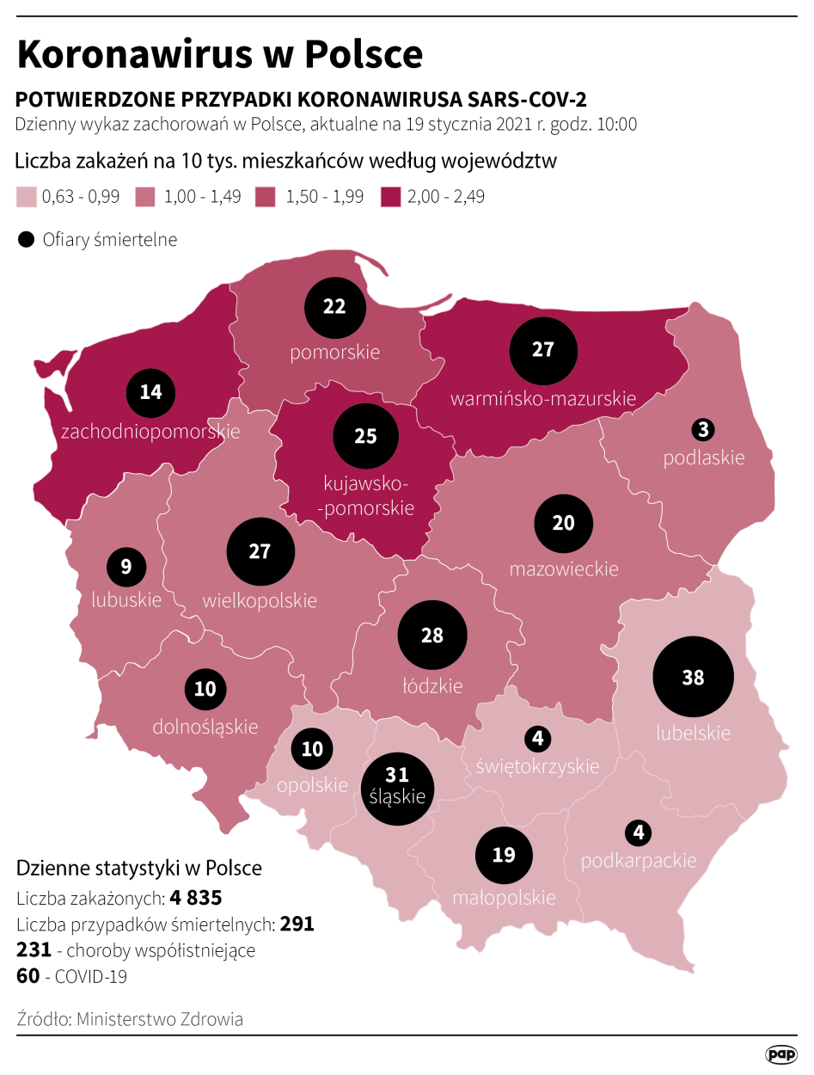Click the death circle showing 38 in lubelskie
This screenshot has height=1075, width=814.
(x=693, y=677)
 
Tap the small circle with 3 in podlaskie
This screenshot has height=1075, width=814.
(x=704, y=428)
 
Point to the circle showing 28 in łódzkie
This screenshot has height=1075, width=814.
(x=432, y=636)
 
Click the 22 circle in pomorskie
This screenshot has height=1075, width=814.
(x=334, y=307)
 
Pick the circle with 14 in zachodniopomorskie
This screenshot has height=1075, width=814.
(x=150, y=392)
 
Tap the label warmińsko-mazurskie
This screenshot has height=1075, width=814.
(x=543, y=398)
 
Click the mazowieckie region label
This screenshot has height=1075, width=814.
(x=563, y=568)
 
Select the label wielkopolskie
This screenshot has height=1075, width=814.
(x=260, y=599)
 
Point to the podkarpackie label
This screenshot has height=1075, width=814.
(x=639, y=860)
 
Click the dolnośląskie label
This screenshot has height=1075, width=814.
(x=205, y=726)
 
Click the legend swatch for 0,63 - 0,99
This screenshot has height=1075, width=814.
(x=27, y=196)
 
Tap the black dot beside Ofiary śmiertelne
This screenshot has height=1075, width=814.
(x=27, y=240)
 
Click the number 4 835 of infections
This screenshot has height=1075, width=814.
(x=196, y=898)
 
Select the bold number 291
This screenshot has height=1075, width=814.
(x=297, y=924)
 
